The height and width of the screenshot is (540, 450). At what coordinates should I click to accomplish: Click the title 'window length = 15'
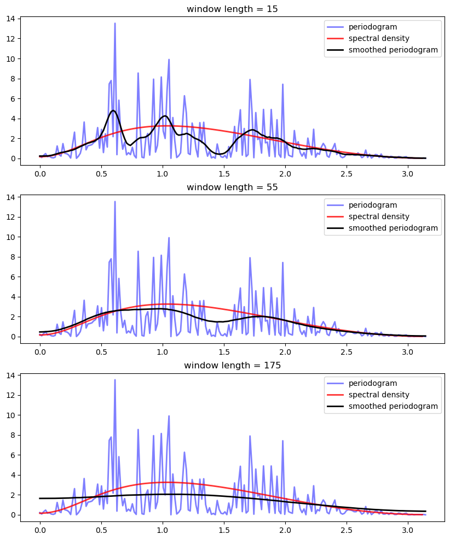(x=232, y=9)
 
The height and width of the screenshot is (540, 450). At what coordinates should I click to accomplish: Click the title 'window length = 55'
(x=232, y=187)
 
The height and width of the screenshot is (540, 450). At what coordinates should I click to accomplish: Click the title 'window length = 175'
(x=232, y=365)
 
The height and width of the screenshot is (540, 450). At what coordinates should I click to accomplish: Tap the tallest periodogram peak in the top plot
(x=115, y=24)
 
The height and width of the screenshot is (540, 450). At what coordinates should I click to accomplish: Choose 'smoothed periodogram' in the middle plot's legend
(x=393, y=228)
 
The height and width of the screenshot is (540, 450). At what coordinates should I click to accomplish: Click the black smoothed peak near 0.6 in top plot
(x=113, y=111)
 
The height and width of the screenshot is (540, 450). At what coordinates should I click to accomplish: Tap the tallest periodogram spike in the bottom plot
(x=115, y=380)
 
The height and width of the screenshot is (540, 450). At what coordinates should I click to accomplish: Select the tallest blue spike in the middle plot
(x=115, y=202)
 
